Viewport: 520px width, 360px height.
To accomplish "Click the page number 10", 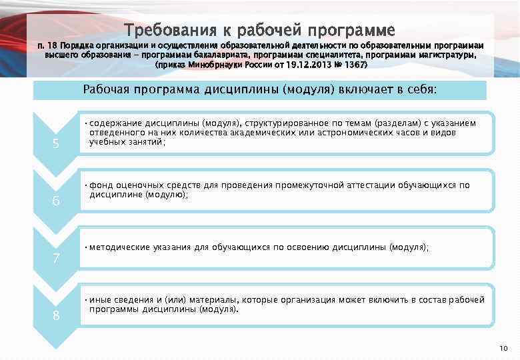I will click(503, 349).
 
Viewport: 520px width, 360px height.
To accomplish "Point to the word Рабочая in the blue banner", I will click(105, 89).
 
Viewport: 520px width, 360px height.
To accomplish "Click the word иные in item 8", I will click(100, 300).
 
